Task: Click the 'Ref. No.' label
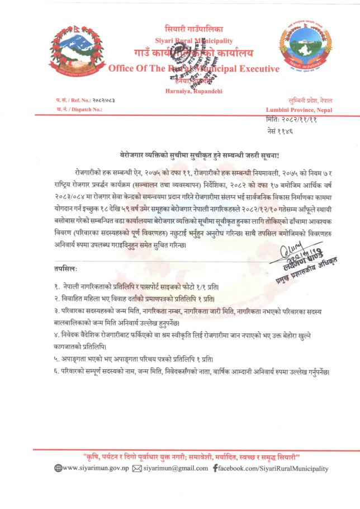click(75, 100)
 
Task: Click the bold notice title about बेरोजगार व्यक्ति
click(200, 152)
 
